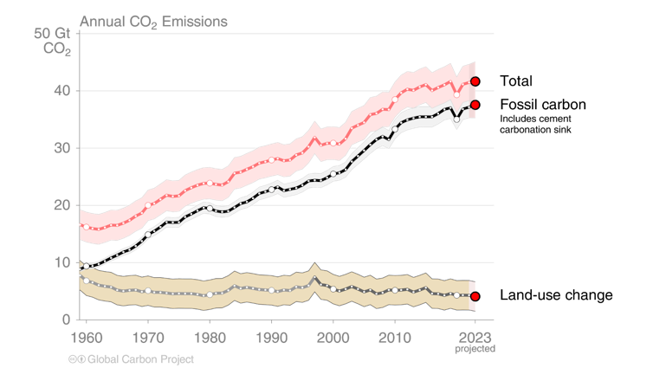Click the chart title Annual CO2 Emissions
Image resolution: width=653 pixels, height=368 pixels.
point(153,21)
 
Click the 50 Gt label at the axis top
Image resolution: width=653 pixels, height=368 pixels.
point(52,35)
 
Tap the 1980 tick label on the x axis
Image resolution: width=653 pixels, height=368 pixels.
point(209,336)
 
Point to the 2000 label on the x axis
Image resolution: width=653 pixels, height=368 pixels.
point(333,336)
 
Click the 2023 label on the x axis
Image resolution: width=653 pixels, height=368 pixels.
point(475,336)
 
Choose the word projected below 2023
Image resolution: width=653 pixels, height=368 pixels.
point(475,349)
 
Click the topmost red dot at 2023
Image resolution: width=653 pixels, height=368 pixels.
point(475,81)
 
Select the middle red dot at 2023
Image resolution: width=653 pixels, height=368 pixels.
point(475,105)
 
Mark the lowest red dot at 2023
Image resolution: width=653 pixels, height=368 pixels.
point(475,296)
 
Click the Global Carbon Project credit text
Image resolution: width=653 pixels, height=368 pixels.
point(140,358)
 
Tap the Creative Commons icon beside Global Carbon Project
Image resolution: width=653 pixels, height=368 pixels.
point(76,358)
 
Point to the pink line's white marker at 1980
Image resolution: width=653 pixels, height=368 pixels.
point(209,184)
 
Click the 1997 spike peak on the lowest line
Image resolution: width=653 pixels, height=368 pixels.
point(314,276)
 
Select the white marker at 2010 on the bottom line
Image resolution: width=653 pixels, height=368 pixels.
point(395,290)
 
